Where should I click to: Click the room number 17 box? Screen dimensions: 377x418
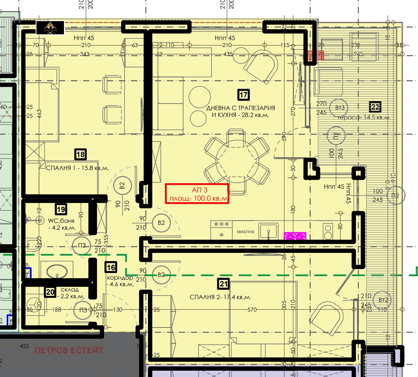[x=243, y=95]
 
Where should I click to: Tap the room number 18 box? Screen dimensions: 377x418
[x=80, y=154]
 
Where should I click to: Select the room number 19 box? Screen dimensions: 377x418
[x=61, y=210]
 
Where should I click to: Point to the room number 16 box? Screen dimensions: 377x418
[x=111, y=267]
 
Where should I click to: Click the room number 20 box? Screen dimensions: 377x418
[x=50, y=292]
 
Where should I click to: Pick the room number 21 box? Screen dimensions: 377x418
[x=224, y=284]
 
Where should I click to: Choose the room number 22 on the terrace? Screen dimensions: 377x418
[x=375, y=107]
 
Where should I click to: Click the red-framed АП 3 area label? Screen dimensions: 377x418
[x=197, y=194]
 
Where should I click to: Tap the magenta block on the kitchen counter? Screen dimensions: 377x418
[x=295, y=236]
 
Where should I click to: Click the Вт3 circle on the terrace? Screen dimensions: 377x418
[x=340, y=108]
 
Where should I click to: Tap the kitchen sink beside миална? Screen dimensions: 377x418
[x=268, y=231]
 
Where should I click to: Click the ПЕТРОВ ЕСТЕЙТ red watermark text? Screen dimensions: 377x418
[x=69, y=350]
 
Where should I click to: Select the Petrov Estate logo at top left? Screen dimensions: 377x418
[x=50, y=28]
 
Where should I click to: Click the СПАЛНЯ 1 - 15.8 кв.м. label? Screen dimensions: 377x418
[x=77, y=168]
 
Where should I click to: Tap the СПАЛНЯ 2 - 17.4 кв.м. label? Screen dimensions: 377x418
[x=220, y=297]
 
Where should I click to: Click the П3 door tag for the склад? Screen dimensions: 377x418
[x=83, y=310]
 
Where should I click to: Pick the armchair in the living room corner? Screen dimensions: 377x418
[x=262, y=66]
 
